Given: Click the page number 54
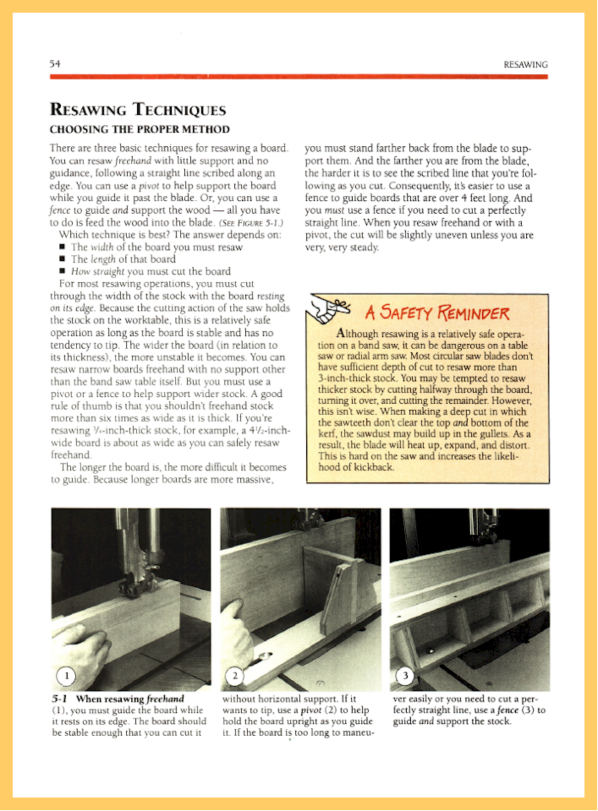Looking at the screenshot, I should tap(55, 64).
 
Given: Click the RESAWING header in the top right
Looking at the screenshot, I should tap(525, 65).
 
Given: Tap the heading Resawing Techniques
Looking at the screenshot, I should tap(138, 109).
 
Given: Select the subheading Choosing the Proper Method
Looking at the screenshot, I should tap(140, 129).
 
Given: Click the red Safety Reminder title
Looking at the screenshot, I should tap(437, 313).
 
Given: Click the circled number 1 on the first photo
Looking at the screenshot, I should tap(66, 676).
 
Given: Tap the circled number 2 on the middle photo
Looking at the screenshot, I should tap(235, 676).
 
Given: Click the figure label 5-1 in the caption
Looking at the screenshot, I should tap(60, 699).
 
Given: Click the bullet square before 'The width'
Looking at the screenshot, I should tap(62, 247).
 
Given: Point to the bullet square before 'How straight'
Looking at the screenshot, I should tap(62, 271).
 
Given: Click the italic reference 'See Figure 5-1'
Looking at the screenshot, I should tap(250, 223).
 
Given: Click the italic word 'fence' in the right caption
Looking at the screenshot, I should tap(507, 710).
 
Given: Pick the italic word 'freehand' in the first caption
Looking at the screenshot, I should tap(165, 699).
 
